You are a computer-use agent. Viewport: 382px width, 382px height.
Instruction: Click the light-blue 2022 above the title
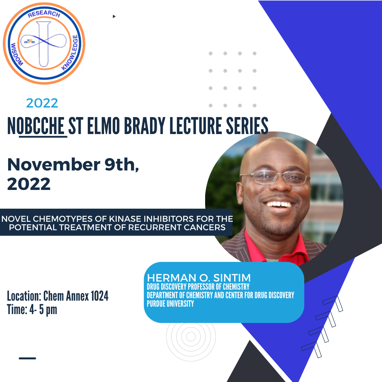[x=42, y=103]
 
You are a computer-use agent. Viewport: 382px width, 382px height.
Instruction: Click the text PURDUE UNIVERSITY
[x=170, y=303]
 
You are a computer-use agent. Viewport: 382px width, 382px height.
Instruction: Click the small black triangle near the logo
[x=114, y=16]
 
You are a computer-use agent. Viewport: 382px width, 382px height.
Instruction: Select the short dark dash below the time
[x=27, y=358]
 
